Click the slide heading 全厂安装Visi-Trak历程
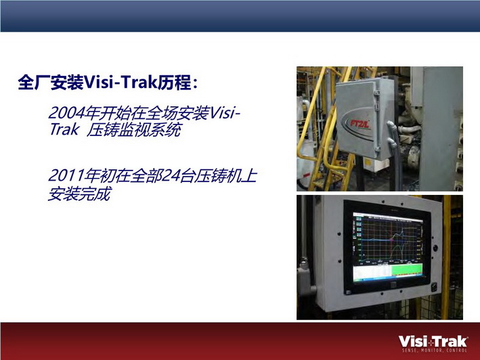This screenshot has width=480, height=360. [x=108, y=82]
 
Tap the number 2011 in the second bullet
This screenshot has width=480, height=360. [x=66, y=175]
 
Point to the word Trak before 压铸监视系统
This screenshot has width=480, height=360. [x=64, y=130]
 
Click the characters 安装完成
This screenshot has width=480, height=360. [x=79, y=194]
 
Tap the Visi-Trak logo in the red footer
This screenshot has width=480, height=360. [x=433, y=341]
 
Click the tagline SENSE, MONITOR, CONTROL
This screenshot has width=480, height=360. [x=435, y=351]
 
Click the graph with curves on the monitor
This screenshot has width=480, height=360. [x=388, y=241]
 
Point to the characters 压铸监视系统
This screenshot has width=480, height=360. [x=134, y=130]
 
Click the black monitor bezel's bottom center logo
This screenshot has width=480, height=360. [x=393, y=284]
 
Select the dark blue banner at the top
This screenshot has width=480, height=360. [x=240, y=16]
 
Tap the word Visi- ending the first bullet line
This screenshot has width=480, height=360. [x=224, y=112]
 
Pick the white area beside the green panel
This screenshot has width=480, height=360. [x=372, y=273]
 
